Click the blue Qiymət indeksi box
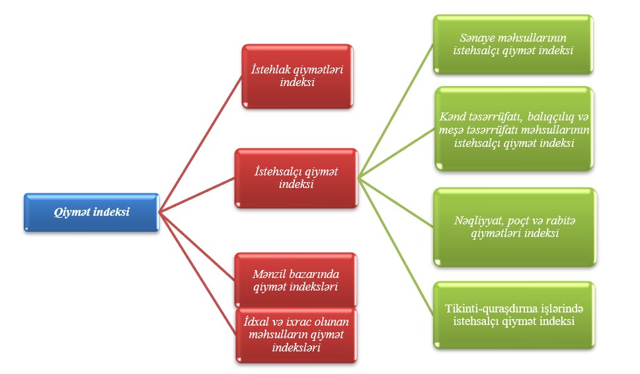[92, 212]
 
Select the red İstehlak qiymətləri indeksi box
[296, 75]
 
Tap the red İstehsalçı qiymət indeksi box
[296, 177]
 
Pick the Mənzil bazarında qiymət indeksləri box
[296, 280]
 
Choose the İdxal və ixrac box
[296, 334]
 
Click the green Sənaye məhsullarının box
[513, 44]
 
